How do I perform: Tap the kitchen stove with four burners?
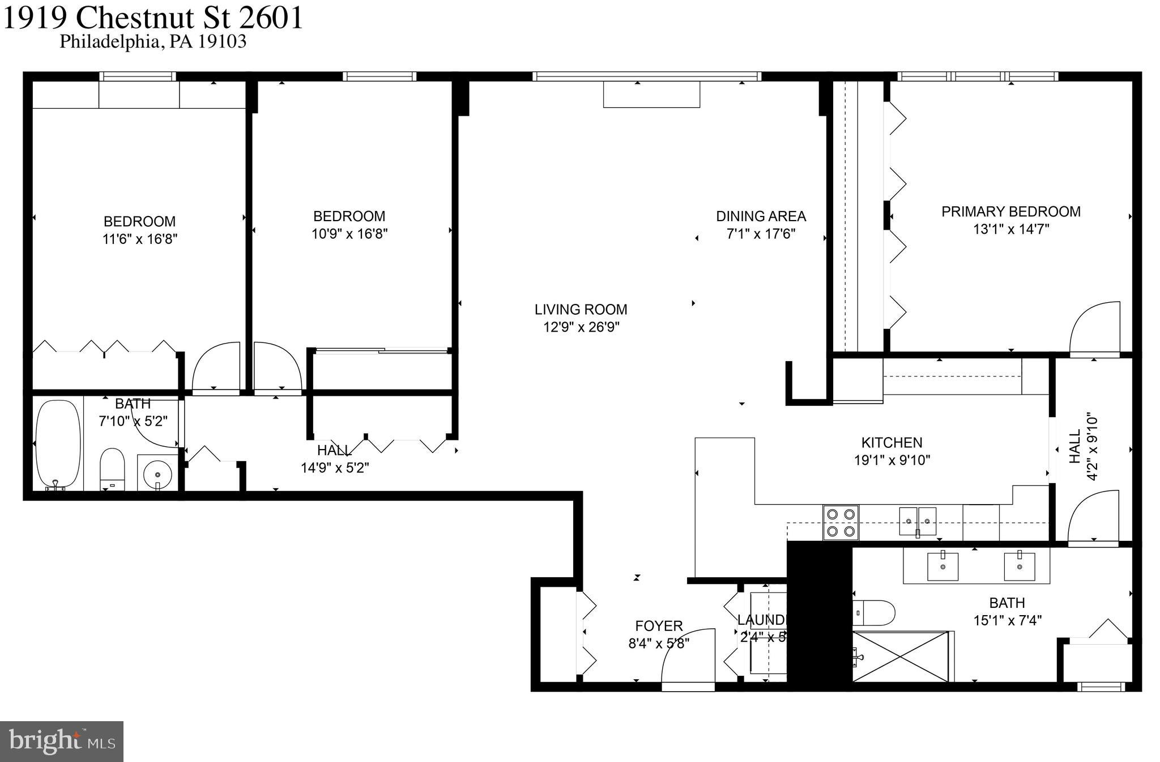click(841, 522)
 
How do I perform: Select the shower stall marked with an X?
click(900, 656)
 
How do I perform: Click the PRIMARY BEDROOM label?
click(1010, 211)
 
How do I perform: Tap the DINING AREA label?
click(761, 216)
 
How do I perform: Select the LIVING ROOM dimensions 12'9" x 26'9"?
click(581, 327)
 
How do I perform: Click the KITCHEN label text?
click(892, 442)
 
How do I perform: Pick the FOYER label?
click(659, 626)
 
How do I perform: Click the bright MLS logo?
click(62, 741)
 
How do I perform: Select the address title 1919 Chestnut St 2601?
click(153, 17)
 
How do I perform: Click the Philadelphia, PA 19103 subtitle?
click(153, 42)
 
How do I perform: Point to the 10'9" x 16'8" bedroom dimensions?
click(349, 234)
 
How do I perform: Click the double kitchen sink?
click(918, 521)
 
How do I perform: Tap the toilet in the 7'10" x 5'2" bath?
click(112, 468)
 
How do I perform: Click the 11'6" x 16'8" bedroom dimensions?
click(140, 239)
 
